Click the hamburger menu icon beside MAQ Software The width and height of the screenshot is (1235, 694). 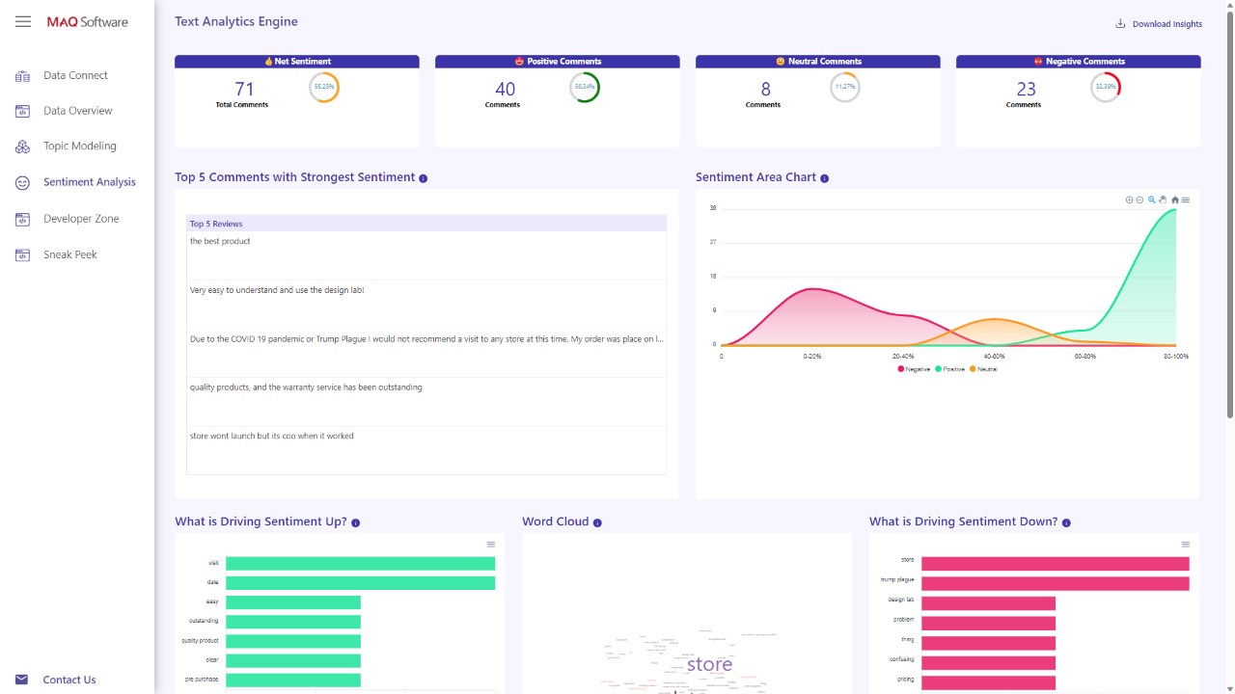pos(23,21)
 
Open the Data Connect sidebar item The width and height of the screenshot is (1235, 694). pos(75,75)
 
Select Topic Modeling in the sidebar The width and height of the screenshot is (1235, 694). pos(79,147)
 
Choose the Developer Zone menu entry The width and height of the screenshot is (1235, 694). pos(81,219)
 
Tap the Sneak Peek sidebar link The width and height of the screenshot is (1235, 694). pos(69,254)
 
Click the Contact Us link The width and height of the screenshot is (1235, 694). pos(69,680)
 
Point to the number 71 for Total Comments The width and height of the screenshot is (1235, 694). pos(244,89)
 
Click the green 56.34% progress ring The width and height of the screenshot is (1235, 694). pos(585,88)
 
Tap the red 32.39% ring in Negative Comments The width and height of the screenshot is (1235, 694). pos(1106,88)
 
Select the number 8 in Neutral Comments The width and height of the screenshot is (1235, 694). pos(766,89)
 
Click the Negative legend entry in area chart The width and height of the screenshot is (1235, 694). pos(914,369)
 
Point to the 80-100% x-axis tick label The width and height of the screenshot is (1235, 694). pos(1176,357)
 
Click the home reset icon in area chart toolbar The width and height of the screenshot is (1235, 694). pos(1174,200)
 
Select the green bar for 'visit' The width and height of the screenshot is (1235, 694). pos(360,563)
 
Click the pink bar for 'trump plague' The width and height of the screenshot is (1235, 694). pos(1055,583)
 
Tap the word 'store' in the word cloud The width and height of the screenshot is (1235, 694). pos(709,664)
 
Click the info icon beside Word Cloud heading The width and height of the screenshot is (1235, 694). pos(597,522)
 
